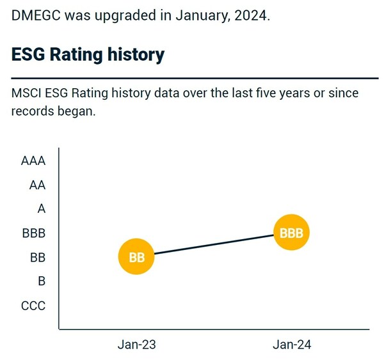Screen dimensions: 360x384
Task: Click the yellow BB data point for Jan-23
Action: click(x=137, y=258)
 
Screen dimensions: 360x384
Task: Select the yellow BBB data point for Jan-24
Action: click(x=292, y=233)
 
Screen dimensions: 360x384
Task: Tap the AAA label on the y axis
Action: click(x=33, y=161)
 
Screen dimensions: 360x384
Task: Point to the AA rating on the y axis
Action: click(x=38, y=185)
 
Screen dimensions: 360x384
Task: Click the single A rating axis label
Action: click(x=42, y=209)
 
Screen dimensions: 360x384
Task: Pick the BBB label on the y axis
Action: click(x=33, y=233)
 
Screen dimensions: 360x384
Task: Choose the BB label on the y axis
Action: click(x=38, y=258)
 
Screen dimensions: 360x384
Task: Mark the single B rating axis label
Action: click(x=42, y=281)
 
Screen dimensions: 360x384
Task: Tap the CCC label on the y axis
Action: click(x=33, y=306)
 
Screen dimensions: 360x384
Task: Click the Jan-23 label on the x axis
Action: click(x=137, y=345)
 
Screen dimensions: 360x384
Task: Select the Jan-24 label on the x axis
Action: click(x=292, y=345)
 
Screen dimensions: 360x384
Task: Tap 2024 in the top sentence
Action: click(x=251, y=15)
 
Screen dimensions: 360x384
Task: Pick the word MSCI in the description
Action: click(x=26, y=93)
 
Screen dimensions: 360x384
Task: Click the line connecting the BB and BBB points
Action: click(x=214, y=245)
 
